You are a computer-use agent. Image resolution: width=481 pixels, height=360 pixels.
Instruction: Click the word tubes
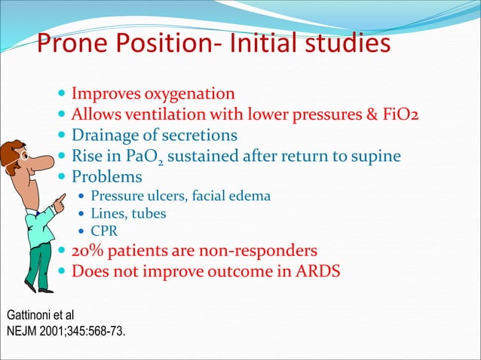(x=148, y=214)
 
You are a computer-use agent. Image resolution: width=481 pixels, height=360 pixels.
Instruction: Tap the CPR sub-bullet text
(x=104, y=230)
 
